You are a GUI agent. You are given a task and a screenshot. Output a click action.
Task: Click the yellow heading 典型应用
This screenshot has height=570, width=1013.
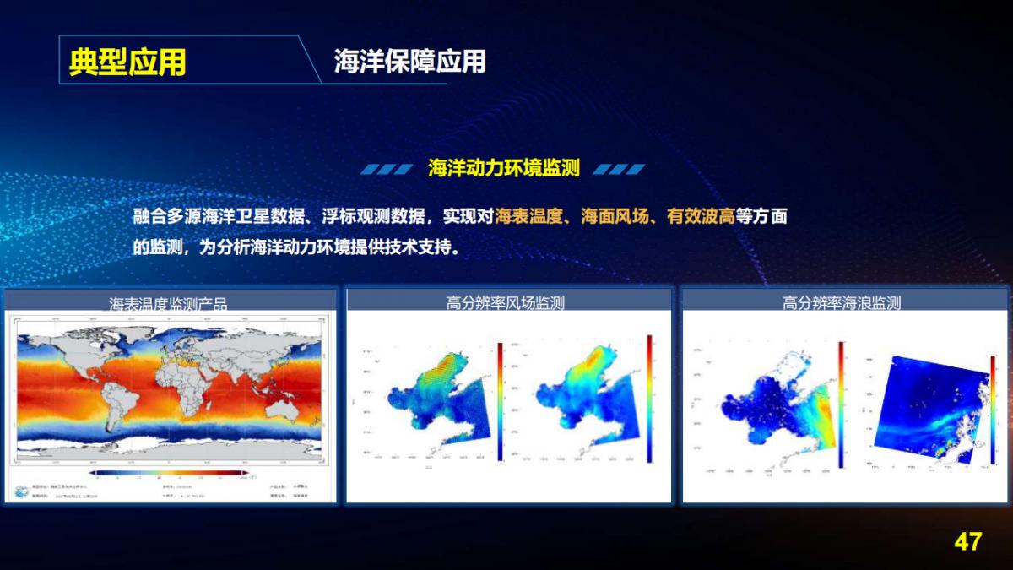click(127, 62)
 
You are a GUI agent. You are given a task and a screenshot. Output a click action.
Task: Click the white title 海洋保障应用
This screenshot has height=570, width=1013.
click(409, 61)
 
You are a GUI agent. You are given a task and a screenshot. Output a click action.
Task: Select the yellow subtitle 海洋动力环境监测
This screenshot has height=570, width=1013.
click(503, 168)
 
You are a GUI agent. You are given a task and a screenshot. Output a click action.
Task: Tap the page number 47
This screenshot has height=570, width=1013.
click(968, 541)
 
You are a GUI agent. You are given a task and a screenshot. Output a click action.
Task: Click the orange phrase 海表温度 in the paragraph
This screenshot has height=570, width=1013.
click(528, 216)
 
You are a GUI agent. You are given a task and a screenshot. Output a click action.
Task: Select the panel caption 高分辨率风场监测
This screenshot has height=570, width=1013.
click(506, 303)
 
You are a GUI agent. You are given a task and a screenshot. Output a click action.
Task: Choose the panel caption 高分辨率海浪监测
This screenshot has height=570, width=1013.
click(842, 303)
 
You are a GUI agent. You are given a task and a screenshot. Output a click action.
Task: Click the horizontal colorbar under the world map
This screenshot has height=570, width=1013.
click(169, 472)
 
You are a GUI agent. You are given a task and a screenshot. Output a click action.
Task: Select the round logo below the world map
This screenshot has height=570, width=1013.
click(19, 491)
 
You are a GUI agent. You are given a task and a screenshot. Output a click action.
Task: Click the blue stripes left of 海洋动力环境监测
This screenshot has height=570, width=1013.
click(387, 169)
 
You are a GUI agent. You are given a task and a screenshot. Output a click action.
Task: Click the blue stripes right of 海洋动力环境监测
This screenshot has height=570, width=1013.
click(619, 169)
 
